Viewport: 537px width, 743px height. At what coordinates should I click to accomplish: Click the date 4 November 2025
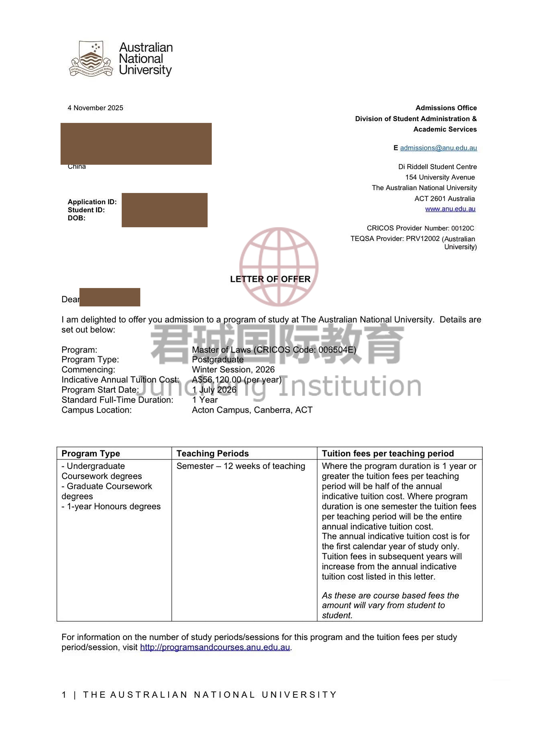95,108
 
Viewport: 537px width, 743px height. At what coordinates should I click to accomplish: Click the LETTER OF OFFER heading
270,279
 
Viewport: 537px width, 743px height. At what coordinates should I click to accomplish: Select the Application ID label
92,202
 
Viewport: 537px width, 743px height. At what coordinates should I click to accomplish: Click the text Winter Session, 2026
233,370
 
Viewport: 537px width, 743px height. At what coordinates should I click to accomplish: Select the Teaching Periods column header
213,453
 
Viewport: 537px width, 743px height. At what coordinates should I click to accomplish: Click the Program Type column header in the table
91,453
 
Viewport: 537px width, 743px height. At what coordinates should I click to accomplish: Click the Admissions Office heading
446,108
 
